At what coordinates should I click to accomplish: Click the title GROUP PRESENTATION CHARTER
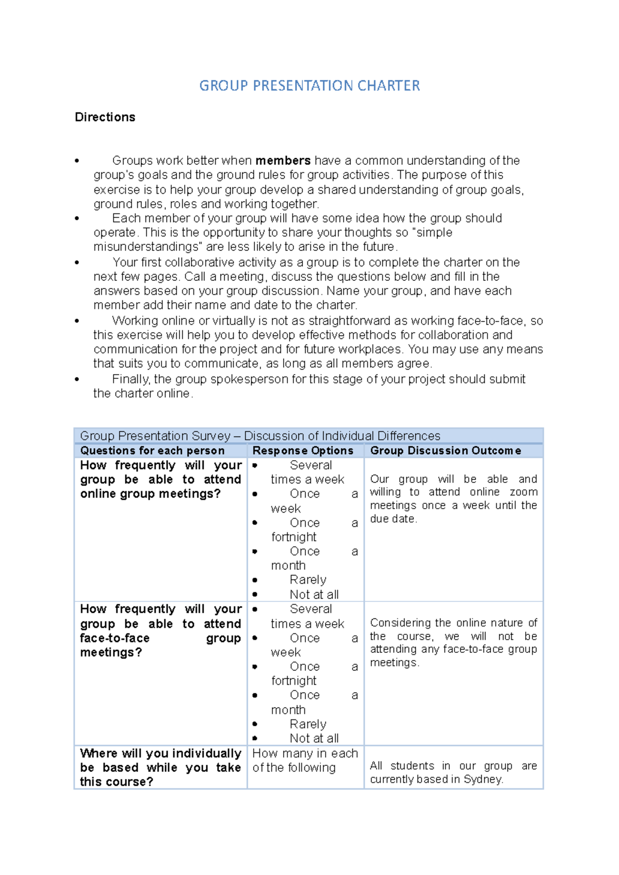[x=309, y=86]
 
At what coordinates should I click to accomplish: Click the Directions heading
[x=105, y=117]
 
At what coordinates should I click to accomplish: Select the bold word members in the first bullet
[x=283, y=160]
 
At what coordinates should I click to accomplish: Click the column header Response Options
[x=303, y=450]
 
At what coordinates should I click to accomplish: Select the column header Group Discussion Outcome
[x=445, y=450]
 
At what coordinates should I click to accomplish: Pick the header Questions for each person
[x=152, y=450]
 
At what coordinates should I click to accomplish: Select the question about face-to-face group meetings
[x=160, y=631]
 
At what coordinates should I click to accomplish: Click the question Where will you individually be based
[x=160, y=767]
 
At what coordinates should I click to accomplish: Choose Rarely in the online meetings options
[x=308, y=580]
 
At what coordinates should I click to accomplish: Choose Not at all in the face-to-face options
[x=314, y=738]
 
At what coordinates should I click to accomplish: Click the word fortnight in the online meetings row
[x=294, y=537]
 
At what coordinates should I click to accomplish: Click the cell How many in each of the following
[x=304, y=761]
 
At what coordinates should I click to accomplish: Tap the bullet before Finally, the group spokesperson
[x=77, y=380]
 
